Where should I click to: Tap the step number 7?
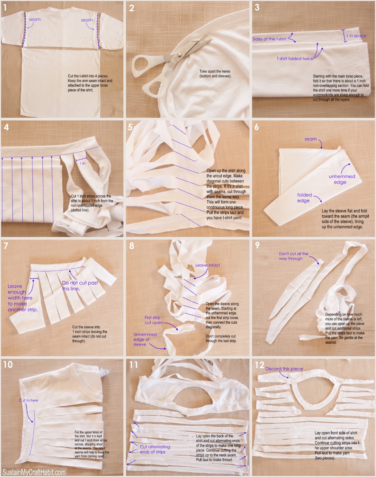pyautogui.click(x=5, y=245)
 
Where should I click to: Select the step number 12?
pyautogui.click(x=259, y=365)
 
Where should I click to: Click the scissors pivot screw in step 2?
pyautogui.click(x=180, y=55)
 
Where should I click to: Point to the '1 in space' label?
pyautogui.click(x=356, y=36)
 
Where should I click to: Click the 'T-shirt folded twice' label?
pyautogui.click(x=295, y=58)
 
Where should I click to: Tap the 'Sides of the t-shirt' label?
pyautogui.click(x=270, y=39)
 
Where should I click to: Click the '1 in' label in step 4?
pyautogui.click(x=83, y=163)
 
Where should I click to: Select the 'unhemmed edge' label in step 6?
pyautogui.click(x=342, y=179)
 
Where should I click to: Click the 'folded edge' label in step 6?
pyautogui.click(x=304, y=197)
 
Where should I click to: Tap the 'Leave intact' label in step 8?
pyautogui.click(x=207, y=265)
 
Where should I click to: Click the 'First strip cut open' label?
pyautogui.click(x=153, y=320)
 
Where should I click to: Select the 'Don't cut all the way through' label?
pyautogui.click(x=293, y=256)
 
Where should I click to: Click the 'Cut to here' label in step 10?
pyautogui.click(x=29, y=400)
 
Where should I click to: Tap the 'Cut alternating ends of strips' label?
pyautogui.click(x=155, y=449)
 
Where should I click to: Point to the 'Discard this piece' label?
pyautogui.click(x=284, y=369)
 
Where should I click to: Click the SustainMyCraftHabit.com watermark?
pyautogui.click(x=34, y=472)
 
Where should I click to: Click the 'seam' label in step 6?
pyautogui.click(x=311, y=139)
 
